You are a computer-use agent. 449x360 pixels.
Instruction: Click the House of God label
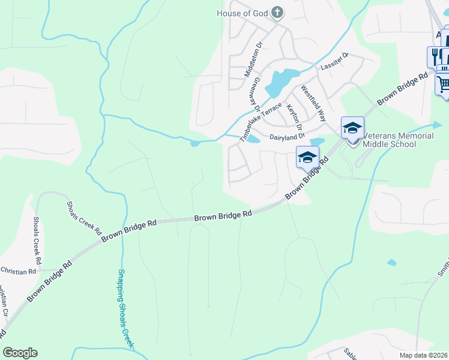243,13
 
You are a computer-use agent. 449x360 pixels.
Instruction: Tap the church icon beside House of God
277,12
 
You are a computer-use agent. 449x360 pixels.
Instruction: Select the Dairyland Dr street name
288,137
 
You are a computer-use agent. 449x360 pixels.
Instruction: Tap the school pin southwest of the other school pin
307,158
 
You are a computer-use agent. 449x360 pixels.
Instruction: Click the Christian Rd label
18,272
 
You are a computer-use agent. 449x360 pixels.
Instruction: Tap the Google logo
20,352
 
